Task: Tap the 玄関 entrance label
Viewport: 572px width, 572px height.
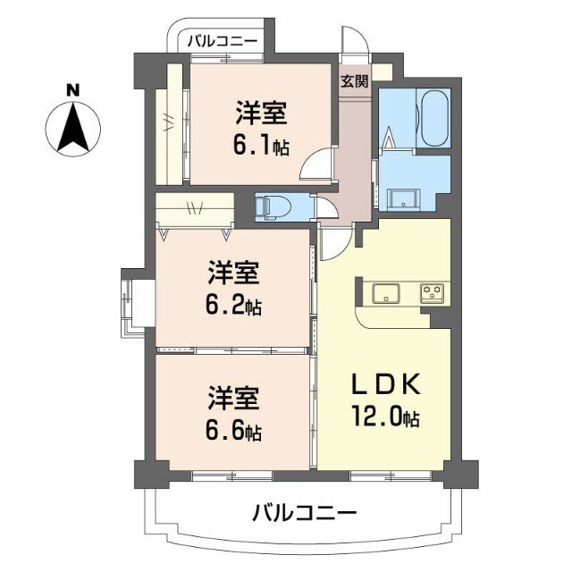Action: tap(354, 81)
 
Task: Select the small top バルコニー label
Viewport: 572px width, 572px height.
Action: tap(223, 40)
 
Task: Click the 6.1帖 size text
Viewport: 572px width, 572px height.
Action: tap(261, 147)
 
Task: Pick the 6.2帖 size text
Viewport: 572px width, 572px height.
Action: tap(235, 307)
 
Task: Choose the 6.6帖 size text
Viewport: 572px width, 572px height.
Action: tap(235, 433)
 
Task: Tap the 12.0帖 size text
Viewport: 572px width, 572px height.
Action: tap(385, 416)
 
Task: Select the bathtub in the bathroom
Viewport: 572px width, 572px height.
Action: tap(434, 118)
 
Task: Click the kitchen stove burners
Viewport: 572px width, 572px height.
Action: tap(433, 291)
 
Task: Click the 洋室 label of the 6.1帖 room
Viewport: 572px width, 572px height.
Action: tap(261, 114)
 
